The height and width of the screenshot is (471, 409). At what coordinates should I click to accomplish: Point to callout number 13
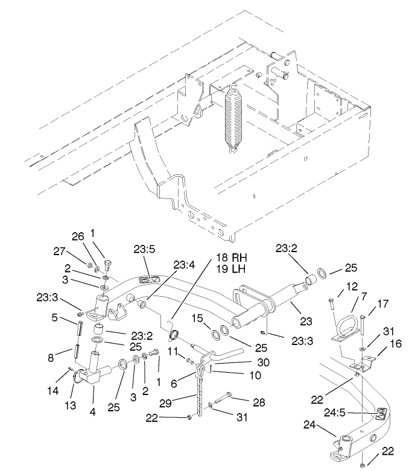click(71, 405)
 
